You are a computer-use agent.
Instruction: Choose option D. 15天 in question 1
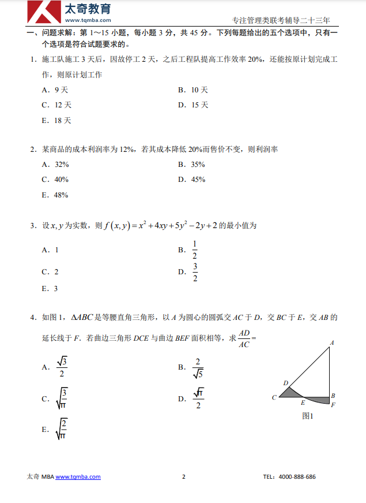point(193,105)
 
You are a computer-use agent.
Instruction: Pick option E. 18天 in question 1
point(56,121)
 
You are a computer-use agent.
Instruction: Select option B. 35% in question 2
point(191,165)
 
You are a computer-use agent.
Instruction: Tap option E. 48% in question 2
point(55,195)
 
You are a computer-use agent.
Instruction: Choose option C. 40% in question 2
point(55,180)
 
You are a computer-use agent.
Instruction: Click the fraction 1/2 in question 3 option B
point(195,250)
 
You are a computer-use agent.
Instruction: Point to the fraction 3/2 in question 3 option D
point(195,272)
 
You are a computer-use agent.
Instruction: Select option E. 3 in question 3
point(50,289)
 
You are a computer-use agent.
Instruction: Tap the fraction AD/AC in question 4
point(244,339)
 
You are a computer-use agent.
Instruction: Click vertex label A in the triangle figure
point(332,342)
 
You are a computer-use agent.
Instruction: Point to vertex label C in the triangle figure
point(274,397)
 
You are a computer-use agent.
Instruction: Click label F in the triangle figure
point(333,404)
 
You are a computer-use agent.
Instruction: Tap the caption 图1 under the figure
point(307,415)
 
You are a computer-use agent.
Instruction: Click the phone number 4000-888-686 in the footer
point(297,477)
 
